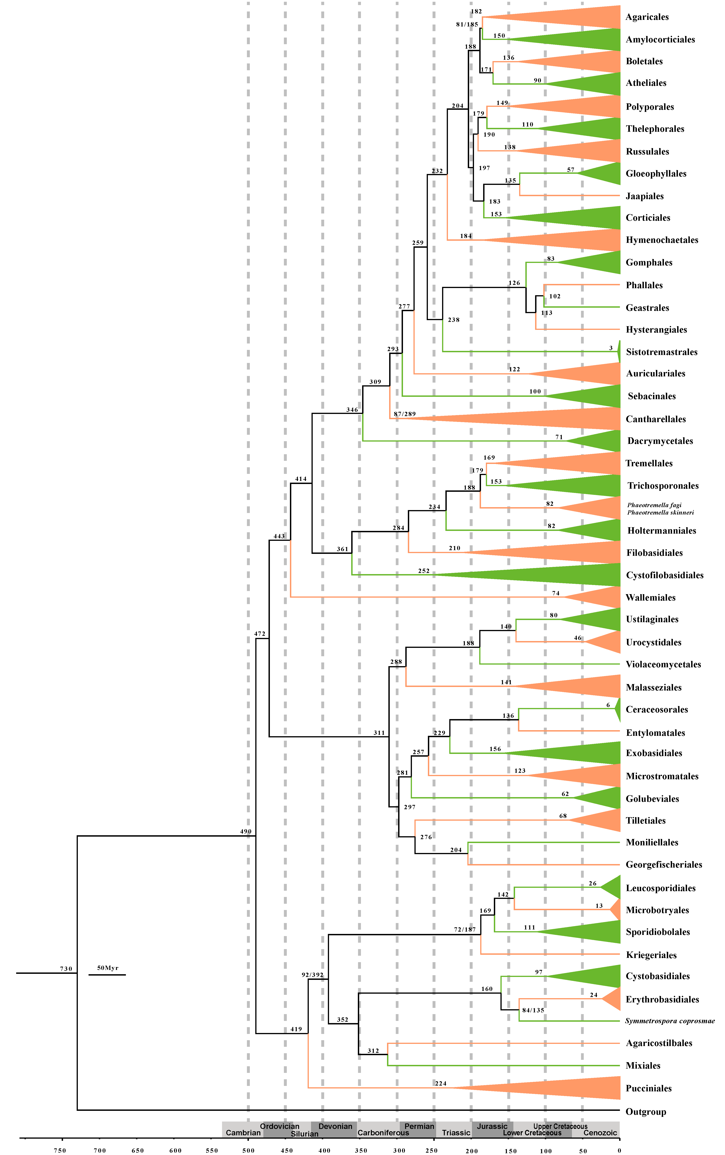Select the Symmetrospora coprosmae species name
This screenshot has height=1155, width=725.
click(x=669, y=1021)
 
